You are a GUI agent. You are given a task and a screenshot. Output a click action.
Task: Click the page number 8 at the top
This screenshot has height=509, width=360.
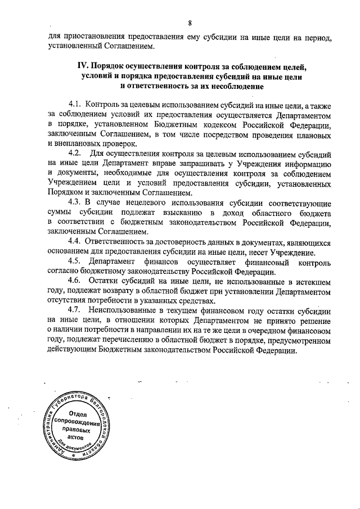click(x=191, y=22)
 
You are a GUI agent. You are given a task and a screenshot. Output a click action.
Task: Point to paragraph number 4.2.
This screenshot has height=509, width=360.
click(x=75, y=154)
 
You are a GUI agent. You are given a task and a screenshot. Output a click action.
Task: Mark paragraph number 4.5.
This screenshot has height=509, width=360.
click(x=75, y=262)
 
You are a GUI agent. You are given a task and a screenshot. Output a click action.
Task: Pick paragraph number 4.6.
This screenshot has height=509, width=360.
click(x=75, y=281)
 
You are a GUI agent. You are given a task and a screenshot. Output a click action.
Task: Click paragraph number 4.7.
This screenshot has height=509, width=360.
click(x=75, y=311)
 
